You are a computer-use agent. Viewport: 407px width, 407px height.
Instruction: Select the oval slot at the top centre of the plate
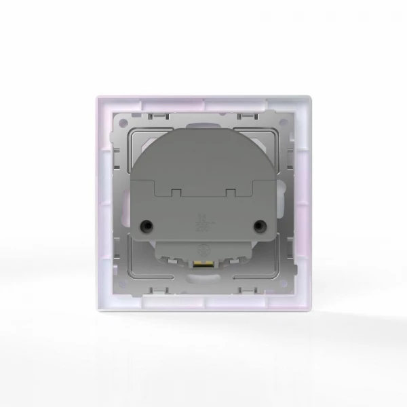click(x=203, y=122)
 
